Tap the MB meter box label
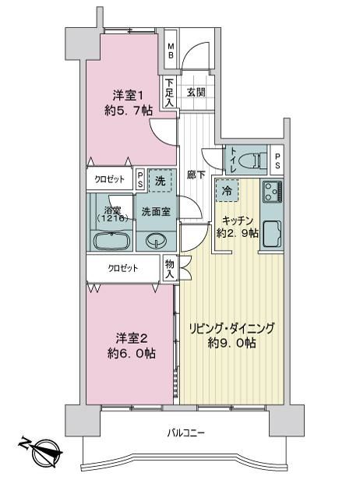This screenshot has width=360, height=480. pyautogui.click(x=171, y=51)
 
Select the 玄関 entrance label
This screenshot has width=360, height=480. pyautogui.click(x=196, y=92)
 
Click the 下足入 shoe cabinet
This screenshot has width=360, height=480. pyautogui.click(x=170, y=93)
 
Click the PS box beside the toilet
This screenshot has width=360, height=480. pyautogui.click(x=277, y=160)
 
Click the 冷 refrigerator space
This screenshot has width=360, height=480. pyautogui.click(x=227, y=191)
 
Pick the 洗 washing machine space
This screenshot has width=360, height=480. pyautogui.click(x=160, y=181)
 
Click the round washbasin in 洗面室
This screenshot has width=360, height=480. pyautogui.click(x=156, y=241)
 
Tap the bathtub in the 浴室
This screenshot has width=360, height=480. pyautogui.click(x=110, y=242)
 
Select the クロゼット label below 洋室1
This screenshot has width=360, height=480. pyautogui.click(x=109, y=179)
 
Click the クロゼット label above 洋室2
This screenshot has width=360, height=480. pyautogui.click(x=123, y=269)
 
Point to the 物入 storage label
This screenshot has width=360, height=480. pyautogui.click(x=170, y=269)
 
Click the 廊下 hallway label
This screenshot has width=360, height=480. pyautogui.click(x=196, y=175)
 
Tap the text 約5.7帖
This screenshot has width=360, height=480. pyautogui.click(x=129, y=111)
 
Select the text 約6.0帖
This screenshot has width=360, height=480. pyautogui.click(x=132, y=354)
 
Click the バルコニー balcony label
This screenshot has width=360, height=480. pyautogui.click(x=185, y=433)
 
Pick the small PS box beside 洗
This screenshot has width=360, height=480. pyautogui.click(x=140, y=179)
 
